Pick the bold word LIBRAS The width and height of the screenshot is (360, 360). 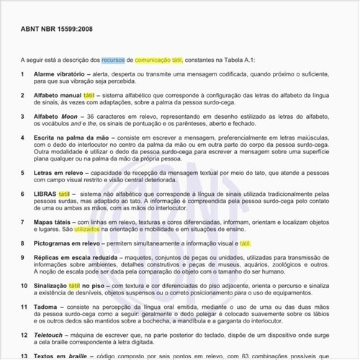45,194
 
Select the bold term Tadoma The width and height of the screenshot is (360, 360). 48,306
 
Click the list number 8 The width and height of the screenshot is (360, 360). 22,243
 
